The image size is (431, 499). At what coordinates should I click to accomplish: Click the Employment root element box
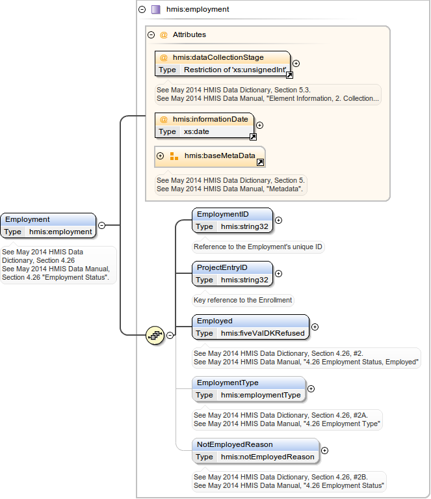48,225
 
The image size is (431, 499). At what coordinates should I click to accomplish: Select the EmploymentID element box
232,220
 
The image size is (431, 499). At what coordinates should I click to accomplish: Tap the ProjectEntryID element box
232,273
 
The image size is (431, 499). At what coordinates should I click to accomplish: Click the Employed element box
250,327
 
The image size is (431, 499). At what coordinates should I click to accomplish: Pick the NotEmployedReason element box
255,450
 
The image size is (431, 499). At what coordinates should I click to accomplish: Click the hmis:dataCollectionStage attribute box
222,63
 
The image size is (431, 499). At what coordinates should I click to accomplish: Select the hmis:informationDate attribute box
204,125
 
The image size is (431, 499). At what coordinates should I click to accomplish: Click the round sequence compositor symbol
155,335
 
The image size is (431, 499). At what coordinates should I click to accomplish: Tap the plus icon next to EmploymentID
278,221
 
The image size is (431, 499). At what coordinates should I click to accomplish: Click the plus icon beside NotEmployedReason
324,450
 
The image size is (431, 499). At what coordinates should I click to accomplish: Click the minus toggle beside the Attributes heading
151,35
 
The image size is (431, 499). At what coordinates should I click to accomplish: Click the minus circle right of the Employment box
101,225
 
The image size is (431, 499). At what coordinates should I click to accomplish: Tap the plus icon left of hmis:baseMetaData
160,156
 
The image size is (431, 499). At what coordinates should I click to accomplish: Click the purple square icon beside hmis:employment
155,10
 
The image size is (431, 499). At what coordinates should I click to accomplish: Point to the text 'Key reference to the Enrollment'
243,301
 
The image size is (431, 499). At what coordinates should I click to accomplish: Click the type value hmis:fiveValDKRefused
262,333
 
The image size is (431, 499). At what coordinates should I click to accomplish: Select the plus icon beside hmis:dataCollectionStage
296,64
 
